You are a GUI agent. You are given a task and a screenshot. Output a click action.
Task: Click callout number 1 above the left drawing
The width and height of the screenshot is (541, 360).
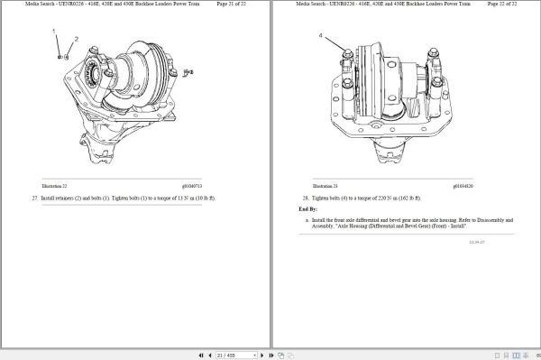click(x=55, y=33)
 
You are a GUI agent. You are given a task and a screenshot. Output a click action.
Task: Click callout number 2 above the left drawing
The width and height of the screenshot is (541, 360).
click(x=76, y=40)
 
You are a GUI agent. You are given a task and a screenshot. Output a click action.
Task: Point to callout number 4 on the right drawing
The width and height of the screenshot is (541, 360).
click(x=320, y=35)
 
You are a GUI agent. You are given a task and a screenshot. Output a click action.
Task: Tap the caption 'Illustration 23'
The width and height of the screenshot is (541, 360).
click(x=309, y=185)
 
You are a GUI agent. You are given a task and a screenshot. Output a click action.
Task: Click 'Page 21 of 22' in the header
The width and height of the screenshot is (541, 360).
click(x=234, y=5)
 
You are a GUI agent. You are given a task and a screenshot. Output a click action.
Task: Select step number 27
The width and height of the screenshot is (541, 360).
click(x=34, y=197)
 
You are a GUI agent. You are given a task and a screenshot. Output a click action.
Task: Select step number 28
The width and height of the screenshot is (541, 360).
click(x=306, y=197)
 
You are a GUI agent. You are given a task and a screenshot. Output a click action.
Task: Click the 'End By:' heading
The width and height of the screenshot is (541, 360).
click(x=307, y=208)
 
